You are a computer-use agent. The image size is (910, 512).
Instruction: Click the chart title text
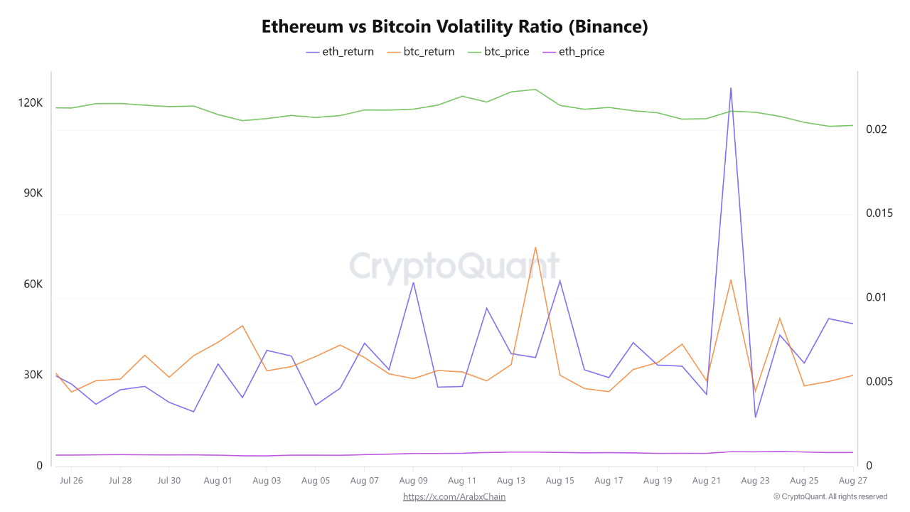pyautogui.click(x=455, y=27)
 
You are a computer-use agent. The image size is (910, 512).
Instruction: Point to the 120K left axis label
pyautogui.click(x=30, y=103)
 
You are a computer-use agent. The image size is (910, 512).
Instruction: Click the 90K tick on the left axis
pyautogui.click(x=30, y=193)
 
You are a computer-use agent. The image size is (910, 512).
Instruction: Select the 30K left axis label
pyautogui.click(x=30, y=375)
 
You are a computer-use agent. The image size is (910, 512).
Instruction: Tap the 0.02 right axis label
pyautogui.click(x=876, y=129)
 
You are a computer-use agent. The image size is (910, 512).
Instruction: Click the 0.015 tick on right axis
pyautogui.click(x=879, y=213)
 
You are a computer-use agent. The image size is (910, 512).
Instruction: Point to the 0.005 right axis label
pyautogui.click(x=879, y=382)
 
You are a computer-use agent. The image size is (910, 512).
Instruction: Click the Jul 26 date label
pyautogui.click(x=71, y=481)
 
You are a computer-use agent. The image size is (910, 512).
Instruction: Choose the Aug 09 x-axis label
pyautogui.click(x=413, y=481)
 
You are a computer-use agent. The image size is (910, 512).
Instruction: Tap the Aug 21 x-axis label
pyautogui.click(x=707, y=481)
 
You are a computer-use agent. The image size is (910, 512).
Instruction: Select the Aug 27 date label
pyautogui.click(x=853, y=481)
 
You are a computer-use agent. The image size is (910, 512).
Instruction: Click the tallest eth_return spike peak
pyautogui.click(x=731, y=88)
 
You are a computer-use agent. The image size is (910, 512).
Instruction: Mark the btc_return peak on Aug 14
pyautogui.click(x=535, y=247)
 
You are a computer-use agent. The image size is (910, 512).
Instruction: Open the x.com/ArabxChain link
pyautogui.click(x=454, y=497)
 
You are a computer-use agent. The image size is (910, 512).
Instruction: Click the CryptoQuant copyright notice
pyautogui.click(x=830, y=497)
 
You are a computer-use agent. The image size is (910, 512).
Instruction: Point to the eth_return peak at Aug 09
pyautogui.click(x=413, y=282)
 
